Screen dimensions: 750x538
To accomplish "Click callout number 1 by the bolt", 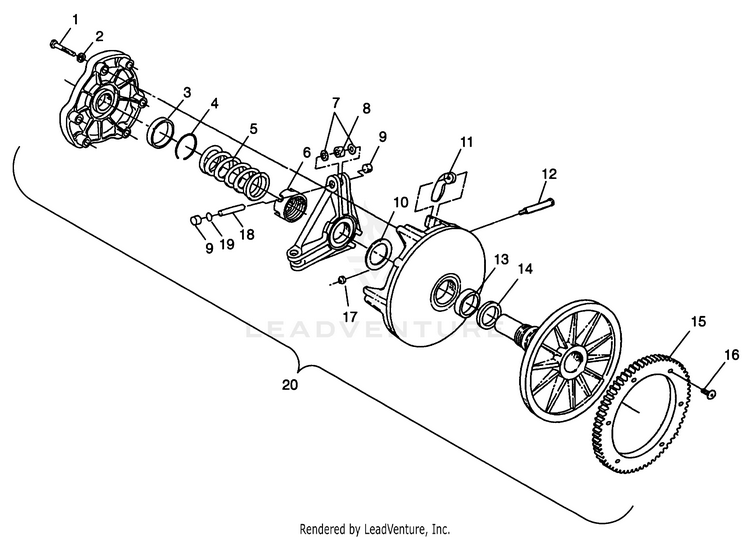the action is [x=75, y=20].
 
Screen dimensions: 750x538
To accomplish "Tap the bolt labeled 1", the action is [x=62, y=47].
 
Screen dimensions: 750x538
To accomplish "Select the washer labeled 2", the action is [x=82, y=58].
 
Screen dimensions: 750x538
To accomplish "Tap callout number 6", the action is [x=306, y=153].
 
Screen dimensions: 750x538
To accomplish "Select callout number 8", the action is [x=366, y=109].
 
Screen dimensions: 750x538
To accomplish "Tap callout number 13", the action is [x=501, y=260].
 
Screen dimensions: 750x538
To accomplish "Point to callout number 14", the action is [x=525, y=269].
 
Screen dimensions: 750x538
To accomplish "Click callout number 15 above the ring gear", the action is [x=698, y=321].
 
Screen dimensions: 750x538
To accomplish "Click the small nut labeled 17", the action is [x=342, y=279].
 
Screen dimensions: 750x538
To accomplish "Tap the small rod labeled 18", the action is [x=232, y=209].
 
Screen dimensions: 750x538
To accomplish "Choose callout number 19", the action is [x=227, y=244].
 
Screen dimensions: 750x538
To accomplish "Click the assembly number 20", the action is [x=290, y=384].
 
